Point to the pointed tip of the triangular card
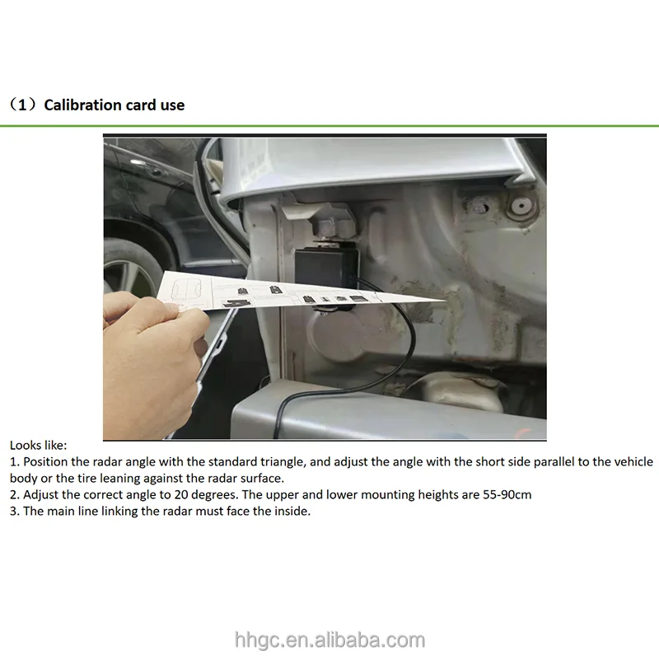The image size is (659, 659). [445, 301]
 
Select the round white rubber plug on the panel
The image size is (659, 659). [521, 206]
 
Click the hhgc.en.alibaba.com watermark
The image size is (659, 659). [329, 640]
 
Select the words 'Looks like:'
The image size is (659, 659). [38, 446]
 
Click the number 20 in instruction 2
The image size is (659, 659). [181, 495]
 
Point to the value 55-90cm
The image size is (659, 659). [507, 495]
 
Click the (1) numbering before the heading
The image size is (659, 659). [24, 105]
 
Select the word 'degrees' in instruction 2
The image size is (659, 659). [215, 495]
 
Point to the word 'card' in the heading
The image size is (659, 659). [141, 105]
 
